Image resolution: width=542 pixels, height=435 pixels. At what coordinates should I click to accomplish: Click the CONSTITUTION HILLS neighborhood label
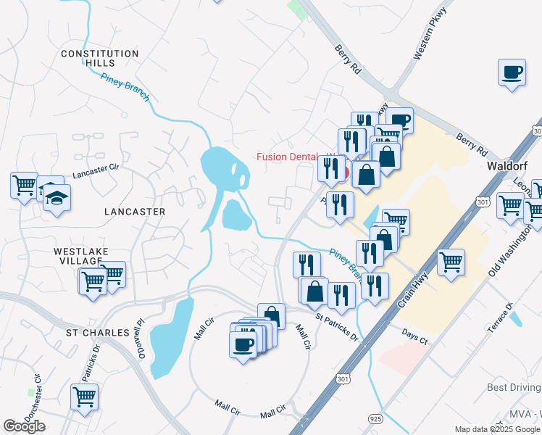(x=99, y=58)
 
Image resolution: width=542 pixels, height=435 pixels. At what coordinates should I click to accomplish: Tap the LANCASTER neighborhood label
(x=135, y=212)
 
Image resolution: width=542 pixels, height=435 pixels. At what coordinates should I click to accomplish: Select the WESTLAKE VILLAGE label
(x=81, y=257)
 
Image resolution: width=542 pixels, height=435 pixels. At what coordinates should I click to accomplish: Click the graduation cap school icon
(x=57, y=197)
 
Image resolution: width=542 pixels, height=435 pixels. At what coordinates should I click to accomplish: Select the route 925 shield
(x=374, y=419)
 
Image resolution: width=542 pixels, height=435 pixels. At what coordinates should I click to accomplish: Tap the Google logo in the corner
(x=24, y=426)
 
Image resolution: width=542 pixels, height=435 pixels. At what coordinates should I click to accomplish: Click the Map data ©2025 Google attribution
(x=497, y=429)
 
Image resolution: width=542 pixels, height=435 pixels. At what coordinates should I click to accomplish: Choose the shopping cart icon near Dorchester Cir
(x=85, y=397)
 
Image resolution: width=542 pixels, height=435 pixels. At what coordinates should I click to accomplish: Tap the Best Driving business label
(x=513, y=388)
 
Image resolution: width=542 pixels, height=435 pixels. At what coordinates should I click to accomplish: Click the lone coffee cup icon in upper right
(x=512, y=72)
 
